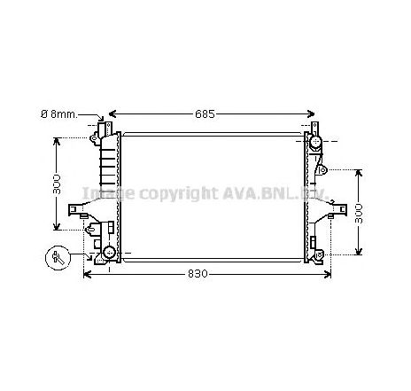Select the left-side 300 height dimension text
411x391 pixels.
(56, 184)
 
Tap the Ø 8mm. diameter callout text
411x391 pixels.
(59, 114)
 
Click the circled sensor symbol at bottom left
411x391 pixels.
(59, 258)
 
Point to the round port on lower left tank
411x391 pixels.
(110, 254)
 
